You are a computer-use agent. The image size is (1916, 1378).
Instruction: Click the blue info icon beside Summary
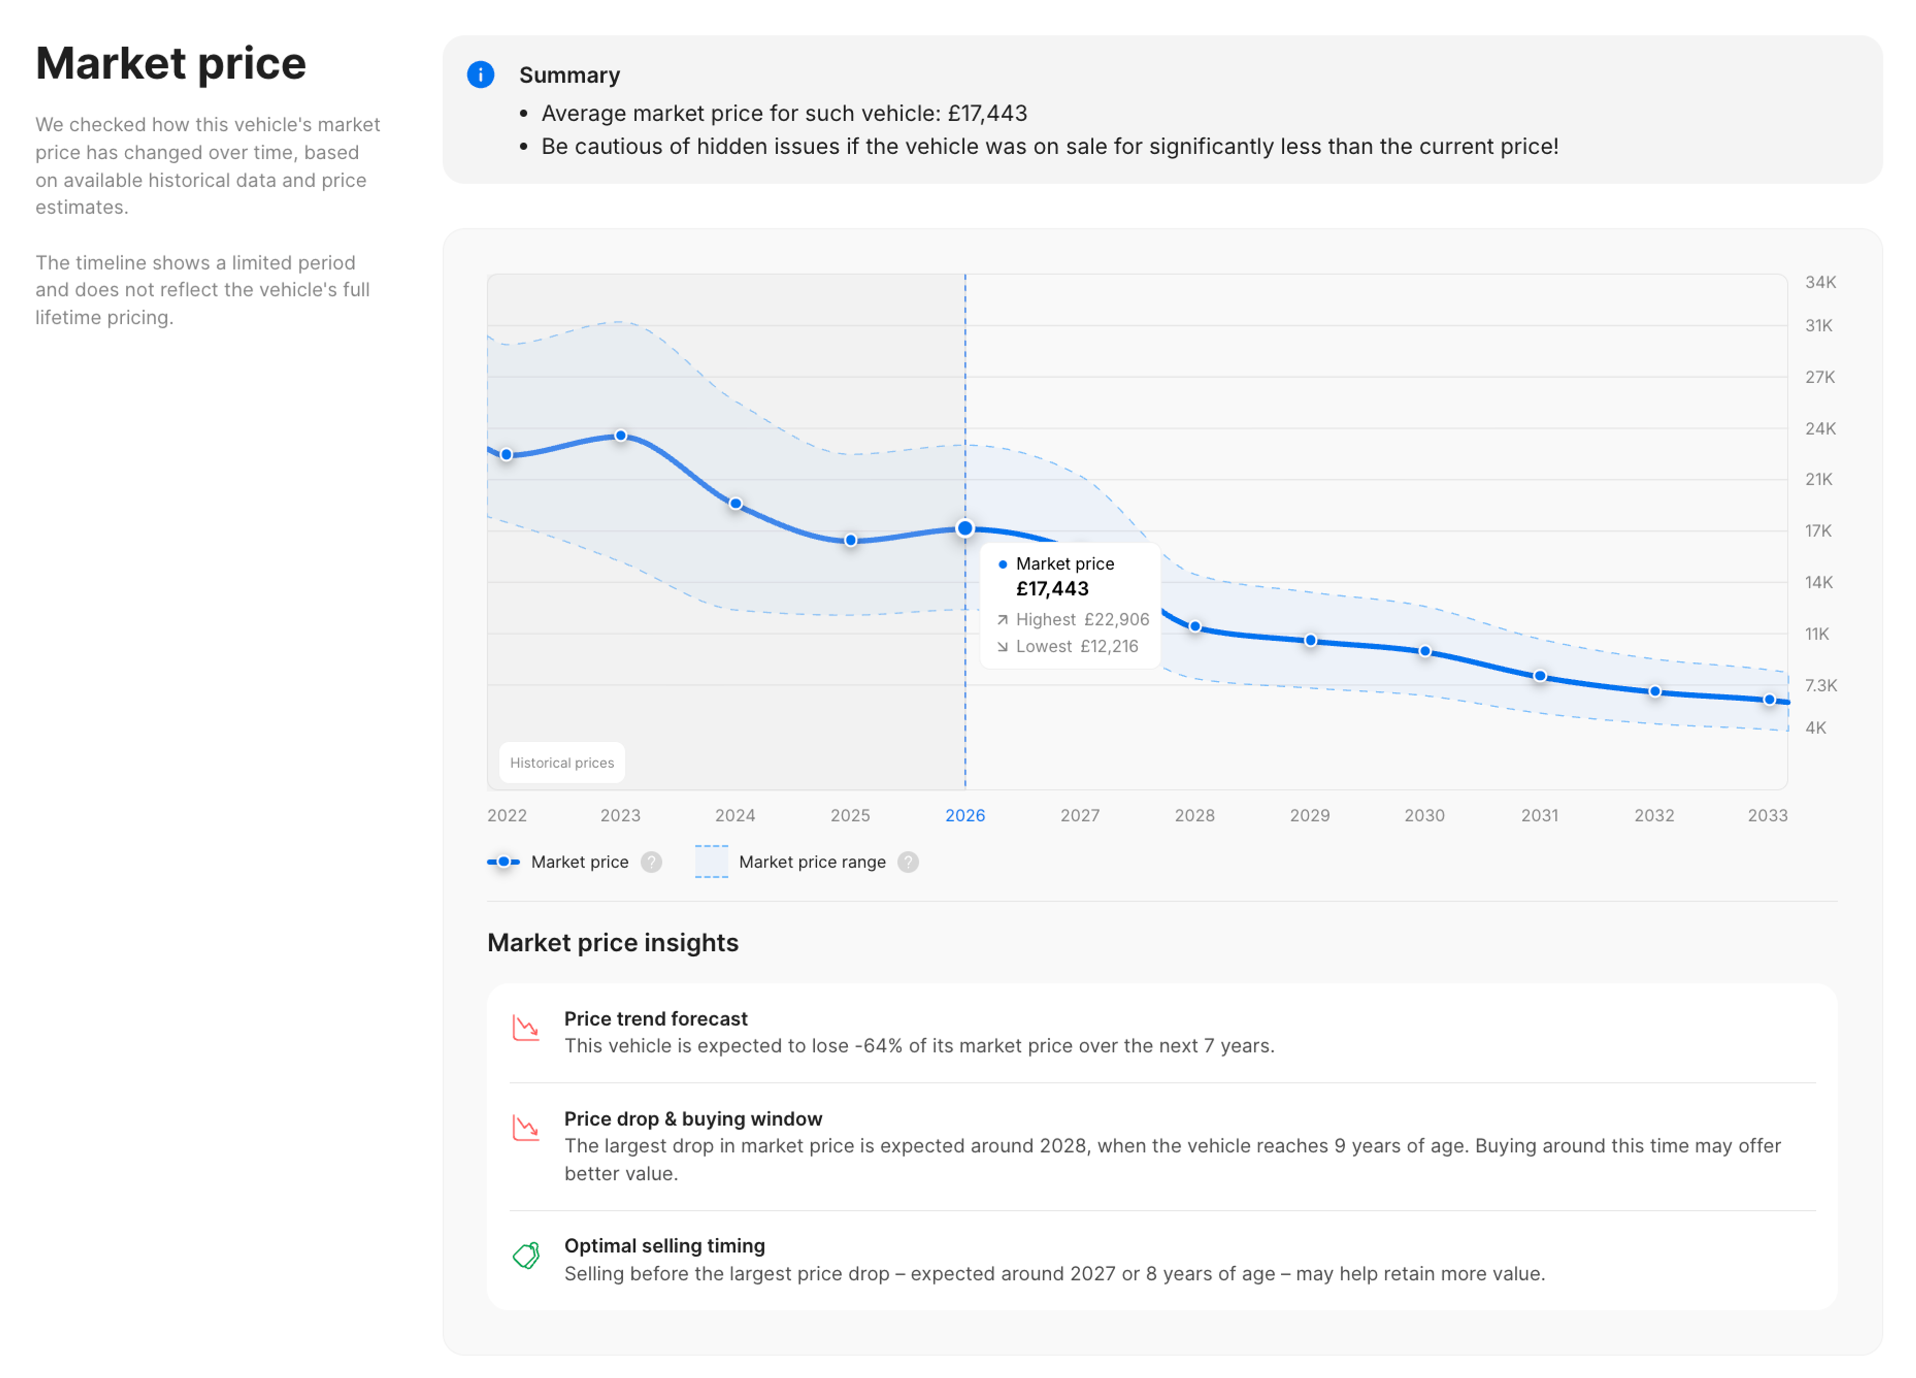[480, 74]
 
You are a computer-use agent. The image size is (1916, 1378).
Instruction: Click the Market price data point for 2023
[621, 436]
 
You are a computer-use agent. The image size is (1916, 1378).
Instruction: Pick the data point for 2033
[1769, 700]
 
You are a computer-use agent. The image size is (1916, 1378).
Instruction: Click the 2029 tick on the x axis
[1309, 816]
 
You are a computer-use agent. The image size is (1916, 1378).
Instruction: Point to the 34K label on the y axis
[1820, 282]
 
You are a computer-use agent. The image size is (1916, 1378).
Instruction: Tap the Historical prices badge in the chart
[562, 763]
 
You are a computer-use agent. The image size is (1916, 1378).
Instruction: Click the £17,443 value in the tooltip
[1052, 589]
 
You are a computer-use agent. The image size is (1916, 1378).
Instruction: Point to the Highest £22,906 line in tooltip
[1073, 619]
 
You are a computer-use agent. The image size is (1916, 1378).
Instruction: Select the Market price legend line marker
[503, 862]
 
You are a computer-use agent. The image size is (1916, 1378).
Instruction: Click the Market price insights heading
[613, 943]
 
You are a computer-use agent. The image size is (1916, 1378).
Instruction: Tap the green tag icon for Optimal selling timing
[526, 1256]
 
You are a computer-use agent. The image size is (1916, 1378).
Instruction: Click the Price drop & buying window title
[693, 1118]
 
